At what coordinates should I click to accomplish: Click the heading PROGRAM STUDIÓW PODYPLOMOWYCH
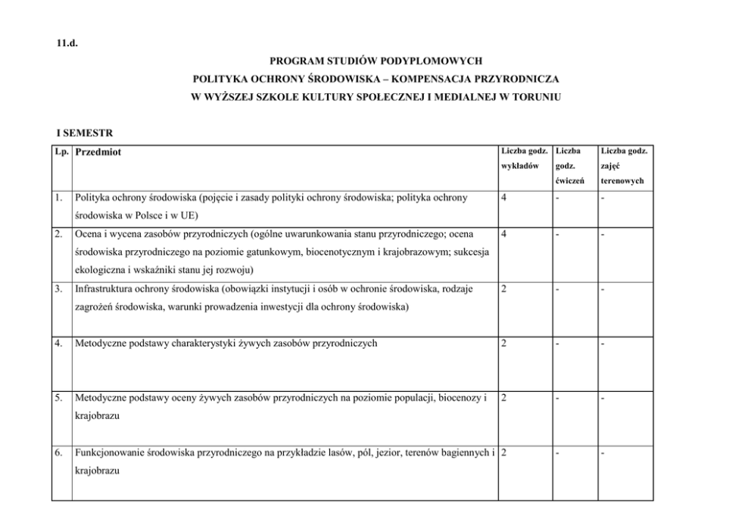pos(375,60)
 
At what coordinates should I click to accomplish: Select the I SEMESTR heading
pos(84,133)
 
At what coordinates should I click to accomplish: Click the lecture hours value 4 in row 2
pos(504,235)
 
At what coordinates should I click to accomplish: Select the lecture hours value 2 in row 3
pos(504,289)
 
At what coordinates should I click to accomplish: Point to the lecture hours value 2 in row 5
pos(504,398)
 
